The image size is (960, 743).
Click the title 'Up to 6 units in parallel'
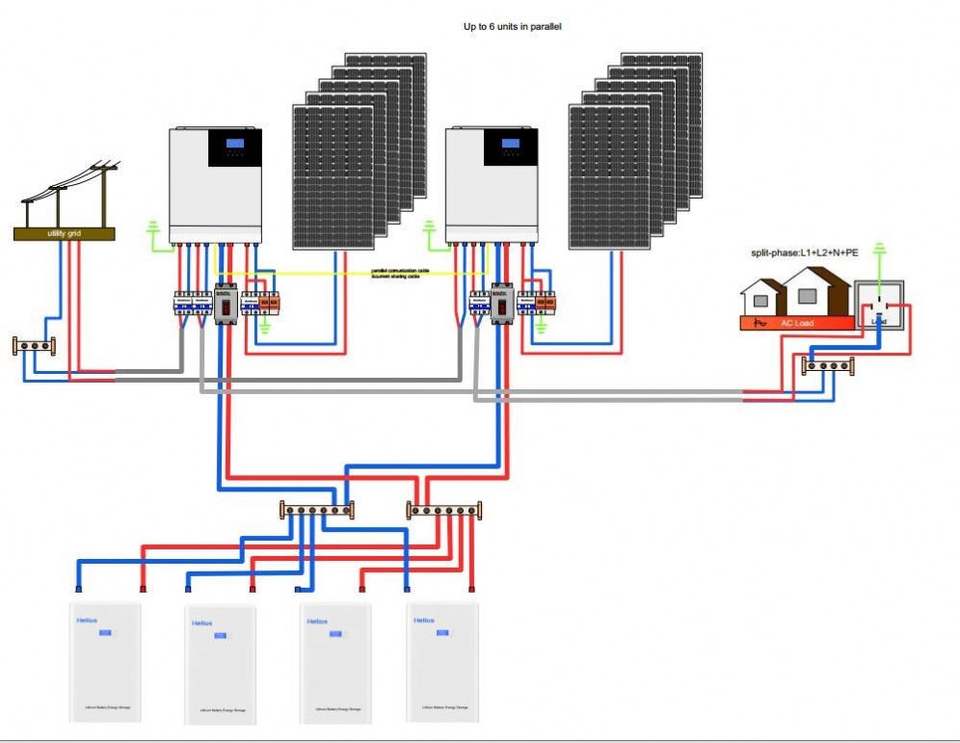(512, 26)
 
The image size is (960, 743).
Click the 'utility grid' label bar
(64, 233)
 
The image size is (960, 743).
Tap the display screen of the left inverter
(235, 147)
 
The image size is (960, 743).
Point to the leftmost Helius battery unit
(104, 660)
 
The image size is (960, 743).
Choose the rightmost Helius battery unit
(442, 660)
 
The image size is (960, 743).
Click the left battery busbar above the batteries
(315, 510)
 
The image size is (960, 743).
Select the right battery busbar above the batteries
(444, 510)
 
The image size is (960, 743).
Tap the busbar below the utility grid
(33, 346)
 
